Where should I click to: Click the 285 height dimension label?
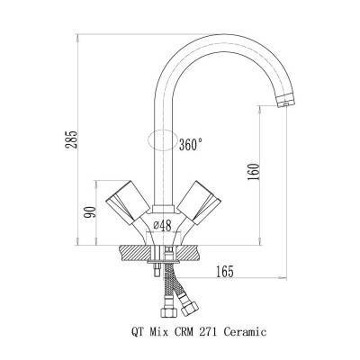pos(72,139)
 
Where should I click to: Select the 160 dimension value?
pos(253,172)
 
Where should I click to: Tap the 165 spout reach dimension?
pos(224,272)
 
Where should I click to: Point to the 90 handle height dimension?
pos(91,211)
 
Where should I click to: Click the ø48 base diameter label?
pos(162,226)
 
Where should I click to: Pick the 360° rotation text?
pos(190,145)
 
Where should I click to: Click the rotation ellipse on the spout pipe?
pos(162,140)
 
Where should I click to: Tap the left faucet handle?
pos(128,202)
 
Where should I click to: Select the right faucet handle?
pos(199,202)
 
